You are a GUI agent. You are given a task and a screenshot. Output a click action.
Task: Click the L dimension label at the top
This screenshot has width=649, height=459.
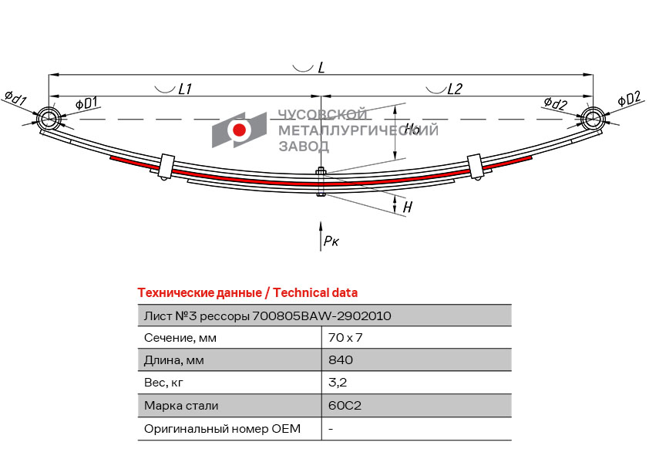click(x=321, y=68)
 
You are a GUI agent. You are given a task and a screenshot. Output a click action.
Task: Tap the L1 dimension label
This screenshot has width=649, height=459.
click(x=184, y=89)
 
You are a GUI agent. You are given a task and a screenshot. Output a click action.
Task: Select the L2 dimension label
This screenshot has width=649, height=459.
click(x=455, y=89)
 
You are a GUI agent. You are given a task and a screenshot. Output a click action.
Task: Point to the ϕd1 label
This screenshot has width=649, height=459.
click(x=15, y=98)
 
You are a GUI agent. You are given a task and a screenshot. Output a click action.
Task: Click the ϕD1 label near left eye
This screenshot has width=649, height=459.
click(x=86, y=103)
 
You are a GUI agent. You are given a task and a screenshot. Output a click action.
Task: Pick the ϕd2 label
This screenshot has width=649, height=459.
click(x=556, y=103)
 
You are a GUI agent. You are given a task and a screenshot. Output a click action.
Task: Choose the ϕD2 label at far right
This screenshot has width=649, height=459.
click(x=629, y=99)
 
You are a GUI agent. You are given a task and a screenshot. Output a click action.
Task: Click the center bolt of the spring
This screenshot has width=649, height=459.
click(x=321, y=181)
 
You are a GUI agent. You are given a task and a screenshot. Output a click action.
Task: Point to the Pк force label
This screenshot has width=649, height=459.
click(x=331, y=241)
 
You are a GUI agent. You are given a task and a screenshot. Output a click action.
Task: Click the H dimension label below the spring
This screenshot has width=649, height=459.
click(x=408, y=207)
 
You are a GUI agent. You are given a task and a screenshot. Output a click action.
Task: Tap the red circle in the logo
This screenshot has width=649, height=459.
click(x=239, y=130)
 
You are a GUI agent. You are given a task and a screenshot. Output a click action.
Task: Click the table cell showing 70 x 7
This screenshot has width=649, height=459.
click(x=345, y=338)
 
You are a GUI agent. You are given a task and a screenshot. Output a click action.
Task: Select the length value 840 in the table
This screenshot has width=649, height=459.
click(x=341, y=359)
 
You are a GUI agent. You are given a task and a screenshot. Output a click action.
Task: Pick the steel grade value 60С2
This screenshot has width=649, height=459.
click(x=345, y=405)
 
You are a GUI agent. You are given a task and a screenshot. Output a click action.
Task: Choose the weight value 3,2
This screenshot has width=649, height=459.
click(x=338, y=383)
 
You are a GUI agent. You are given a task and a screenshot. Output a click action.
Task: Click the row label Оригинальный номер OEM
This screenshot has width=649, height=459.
click(x=222, y=428)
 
